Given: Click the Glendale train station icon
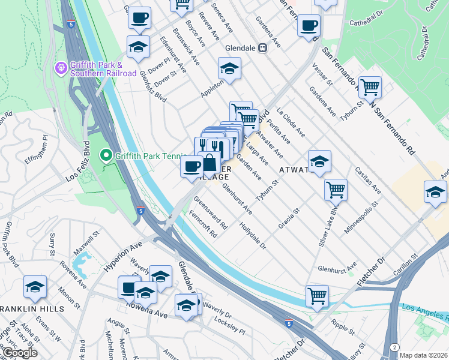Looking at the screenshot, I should [263, 48].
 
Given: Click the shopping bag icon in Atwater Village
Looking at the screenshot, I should [209, 163].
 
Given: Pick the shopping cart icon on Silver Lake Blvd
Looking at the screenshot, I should [336, 190].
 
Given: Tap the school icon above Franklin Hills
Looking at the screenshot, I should [35, 287].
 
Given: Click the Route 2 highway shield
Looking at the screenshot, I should [394, 347].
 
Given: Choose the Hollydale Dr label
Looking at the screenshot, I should [253, 236].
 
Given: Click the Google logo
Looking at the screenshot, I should [19, 353].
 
